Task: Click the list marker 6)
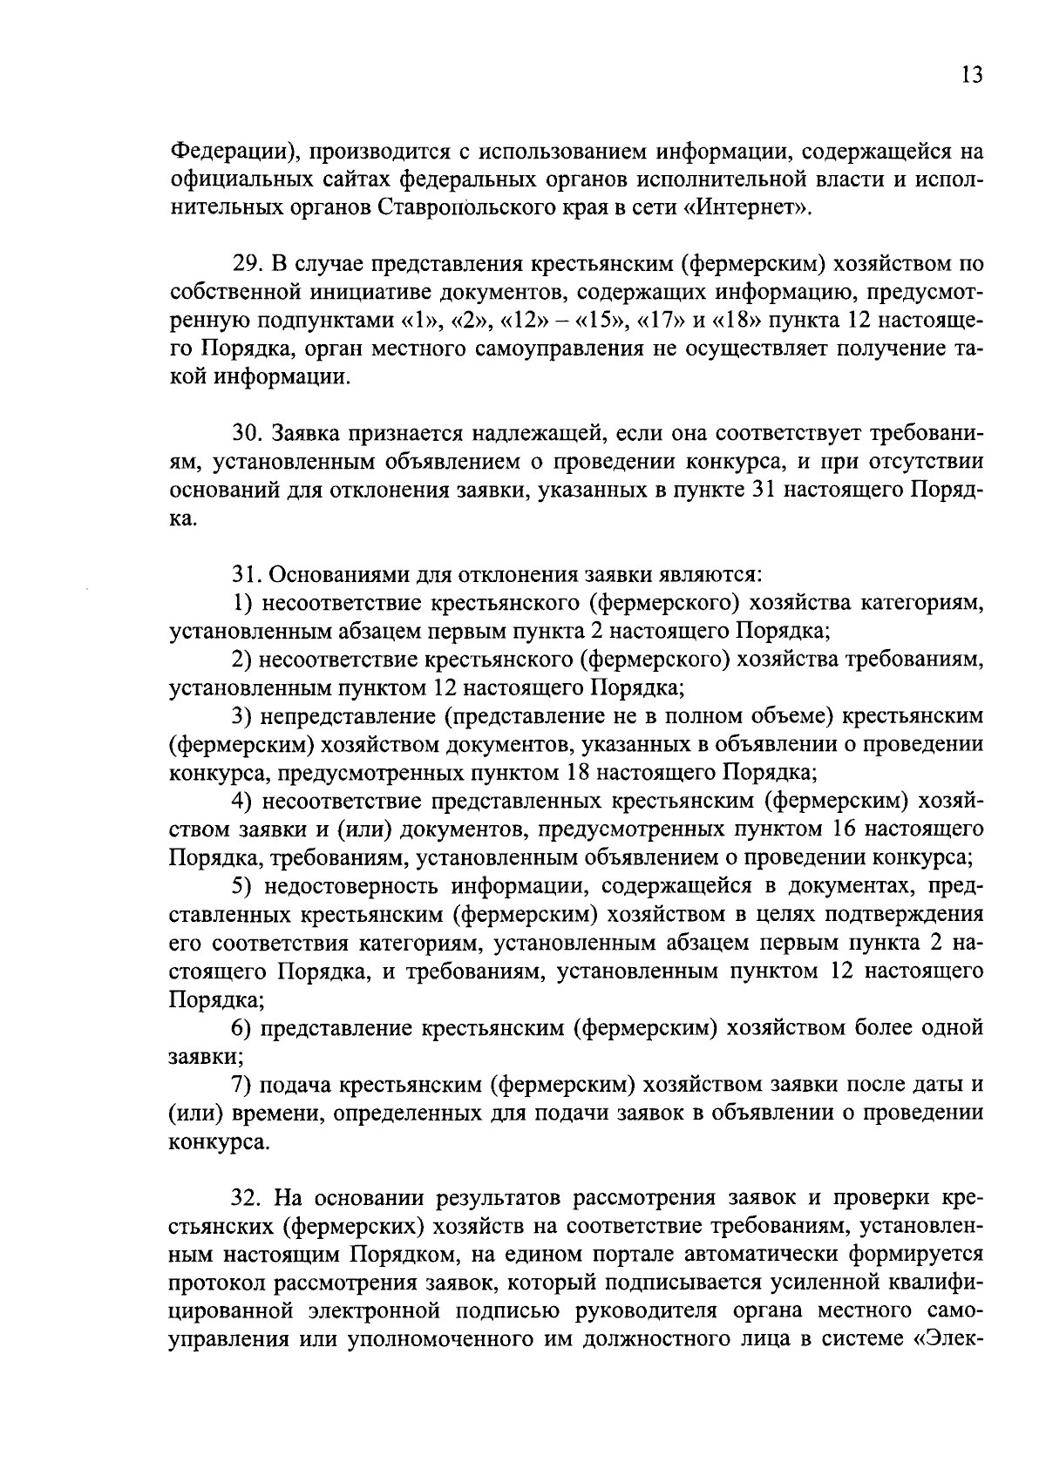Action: [241, 1028]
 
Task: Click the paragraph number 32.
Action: [248, 1197]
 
